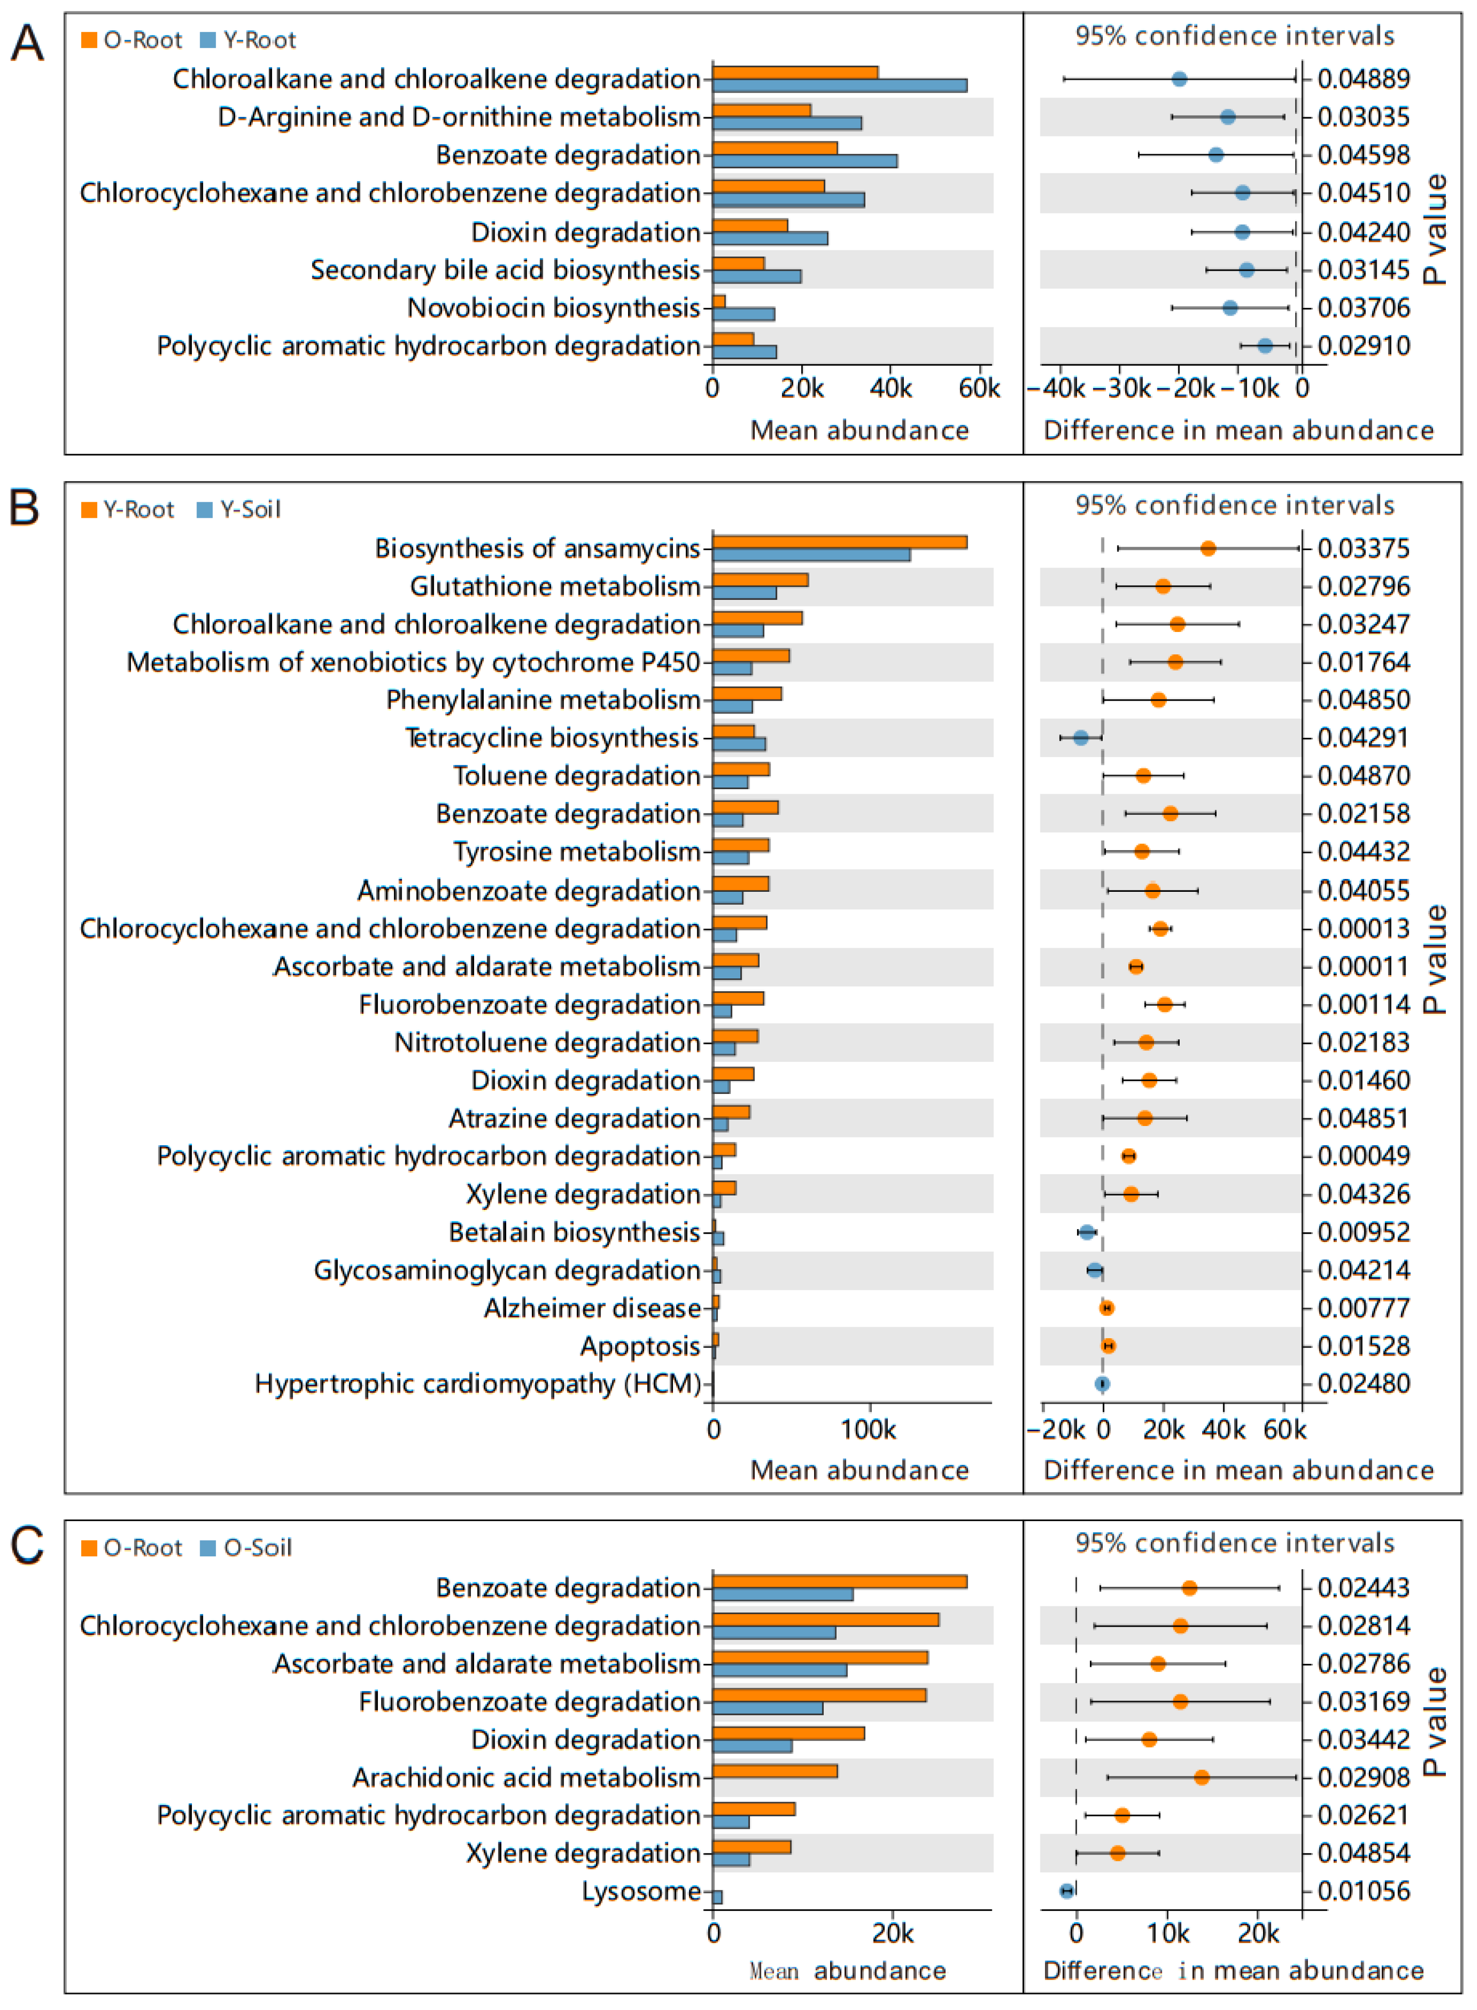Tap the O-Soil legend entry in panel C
point(247,1548)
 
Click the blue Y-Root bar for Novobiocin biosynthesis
point(743,314)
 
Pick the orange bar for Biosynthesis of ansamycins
point(839,542)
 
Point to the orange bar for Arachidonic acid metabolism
point(774,1771)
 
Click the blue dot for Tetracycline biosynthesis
point(1081,738)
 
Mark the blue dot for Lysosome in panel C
point(1066,1891)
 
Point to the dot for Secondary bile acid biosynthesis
point(1246,270)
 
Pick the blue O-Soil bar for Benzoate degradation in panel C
point(782,1595)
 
